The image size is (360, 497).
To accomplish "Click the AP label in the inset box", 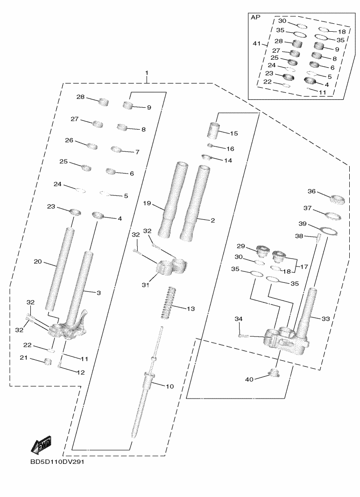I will tap(255, 17).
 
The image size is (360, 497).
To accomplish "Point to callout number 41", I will tap(256, 43).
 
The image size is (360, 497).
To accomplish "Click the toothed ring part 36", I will tap(338, 200).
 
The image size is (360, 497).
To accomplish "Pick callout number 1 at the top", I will tap(147, 74).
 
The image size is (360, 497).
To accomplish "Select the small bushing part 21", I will tap(47, 361).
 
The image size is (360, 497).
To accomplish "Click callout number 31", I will tap(145, 284).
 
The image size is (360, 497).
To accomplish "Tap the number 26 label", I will tap(69, 140).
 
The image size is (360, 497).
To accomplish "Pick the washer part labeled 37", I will tap(333, 216).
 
